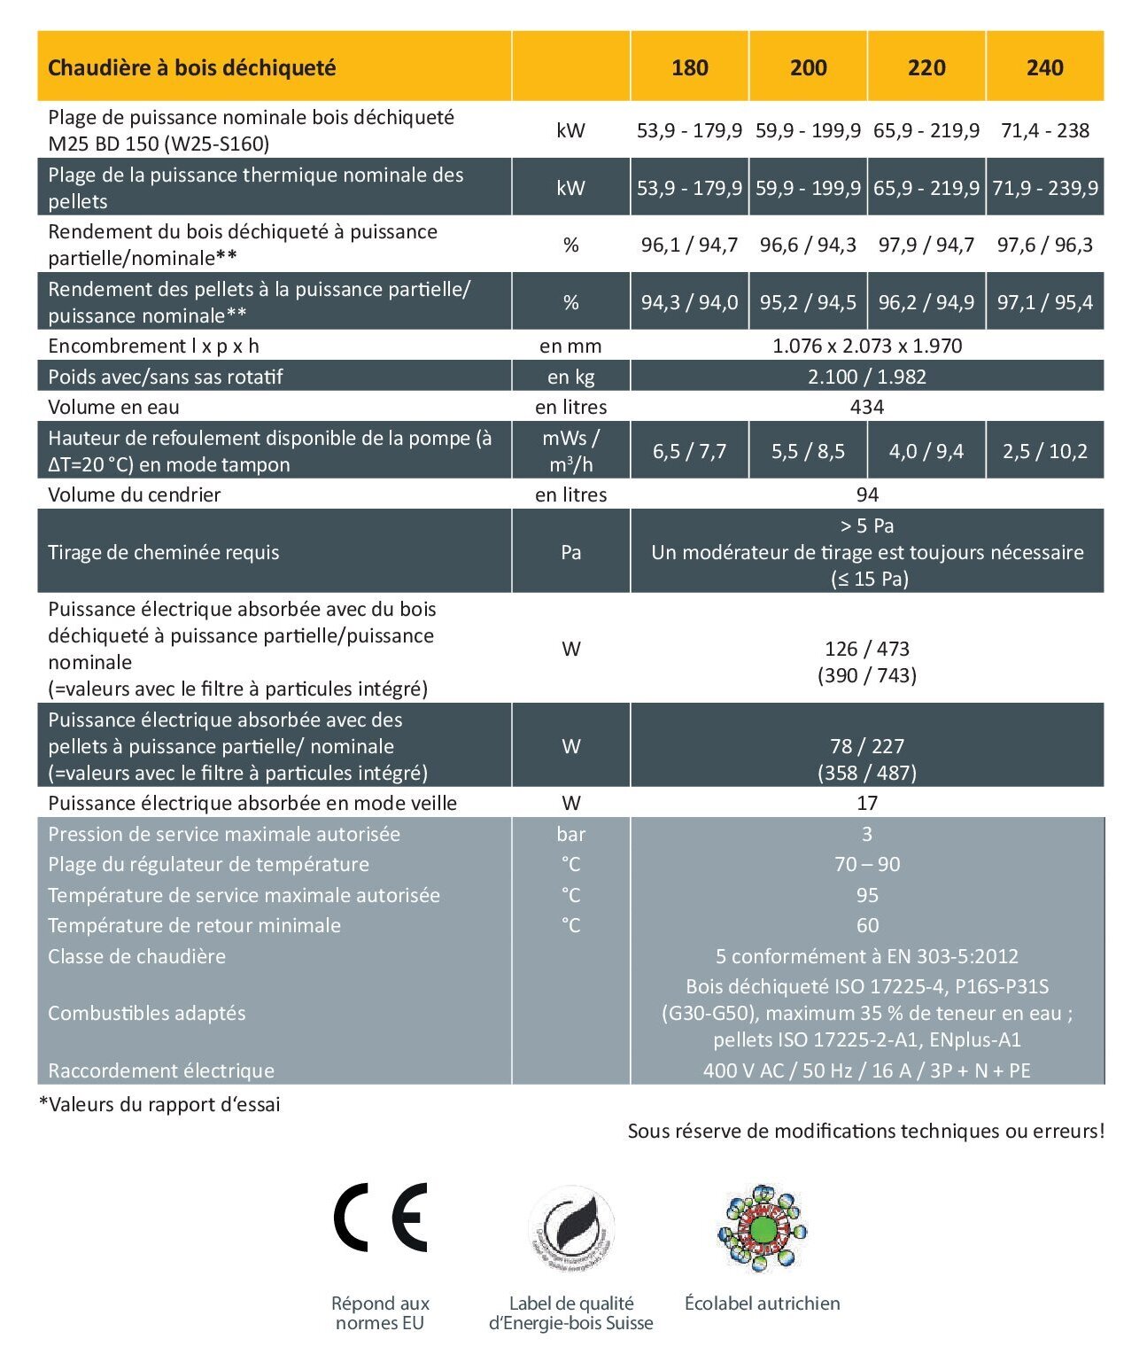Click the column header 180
(x=689, y=67)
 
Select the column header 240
(x=1044, y=67)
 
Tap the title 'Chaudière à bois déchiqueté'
(x=192, y=67)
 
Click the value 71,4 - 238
(x=1044, y=130)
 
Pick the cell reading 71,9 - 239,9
(x=1044, y=188)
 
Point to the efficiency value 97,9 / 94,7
(x=926, y=245)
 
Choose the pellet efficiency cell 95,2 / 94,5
(x=808, y=302)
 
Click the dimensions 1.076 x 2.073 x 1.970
(x=867, y=346)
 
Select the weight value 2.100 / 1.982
(x=867, y=377)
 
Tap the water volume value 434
(x=867, y=407)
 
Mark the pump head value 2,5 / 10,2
(x=1044, y=451)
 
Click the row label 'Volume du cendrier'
(x=135, y=494)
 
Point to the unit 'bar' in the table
(x=571, y=834)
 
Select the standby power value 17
(x=867, y=803)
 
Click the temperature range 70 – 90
(x=867, y=864)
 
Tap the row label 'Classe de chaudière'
(x=137, y=956)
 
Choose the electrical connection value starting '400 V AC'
(x=867, y=1070)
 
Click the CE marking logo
(x=380, y=1217)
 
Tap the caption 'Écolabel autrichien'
(x=762, y=1303)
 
